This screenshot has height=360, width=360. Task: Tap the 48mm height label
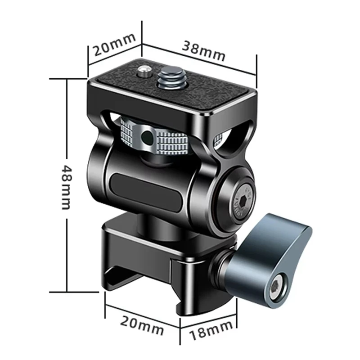point(67,187)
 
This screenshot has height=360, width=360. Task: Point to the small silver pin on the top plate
point(144,71)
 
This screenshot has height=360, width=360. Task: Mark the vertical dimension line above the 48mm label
point(67,117)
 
